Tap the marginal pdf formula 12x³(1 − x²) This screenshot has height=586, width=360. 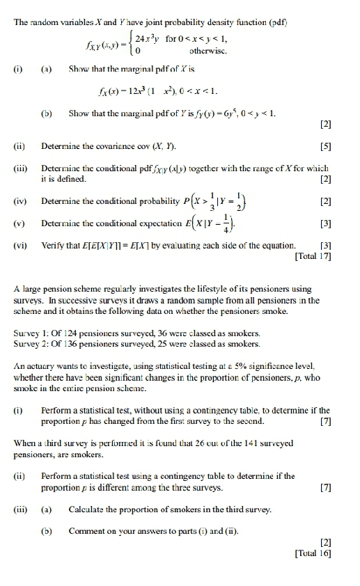coord(182,88)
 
